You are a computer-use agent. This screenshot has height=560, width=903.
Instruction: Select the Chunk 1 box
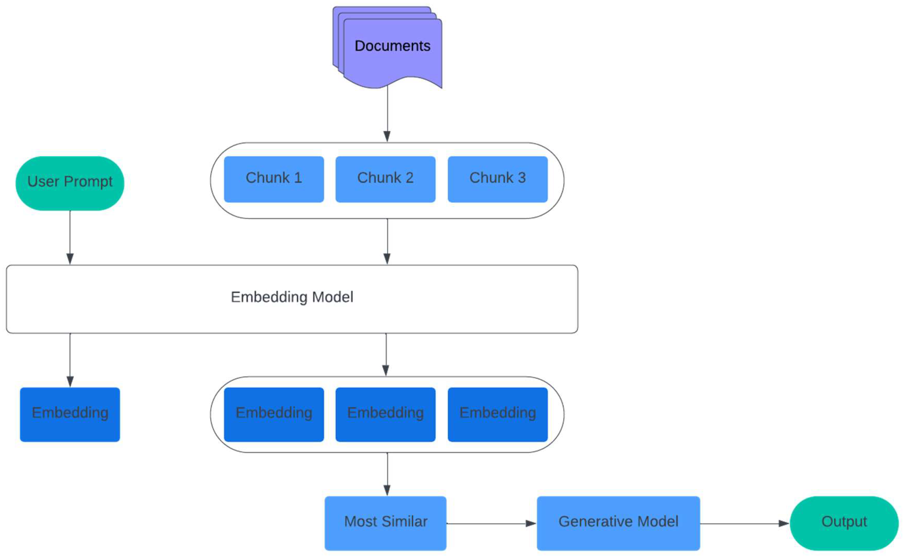coord(274,179)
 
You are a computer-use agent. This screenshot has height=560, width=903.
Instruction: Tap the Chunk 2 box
coord(385,179)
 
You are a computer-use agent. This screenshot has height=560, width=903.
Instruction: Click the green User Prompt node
coord(70,183)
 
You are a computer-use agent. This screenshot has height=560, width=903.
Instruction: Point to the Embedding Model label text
coord(292,297)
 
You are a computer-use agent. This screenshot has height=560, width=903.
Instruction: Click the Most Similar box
coord(385,523)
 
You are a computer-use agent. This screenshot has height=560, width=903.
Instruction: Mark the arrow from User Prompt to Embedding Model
coord(70,237)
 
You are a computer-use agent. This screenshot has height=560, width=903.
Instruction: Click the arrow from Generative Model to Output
coord(744,523)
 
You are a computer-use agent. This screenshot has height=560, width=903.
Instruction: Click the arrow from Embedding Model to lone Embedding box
coord(70,359)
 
